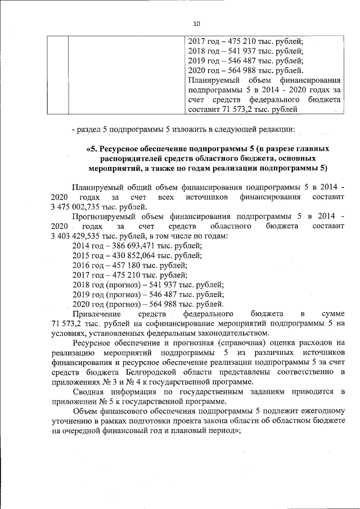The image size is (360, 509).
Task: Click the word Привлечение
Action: coord(97,313)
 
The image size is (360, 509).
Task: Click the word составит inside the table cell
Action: coord(202,109)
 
